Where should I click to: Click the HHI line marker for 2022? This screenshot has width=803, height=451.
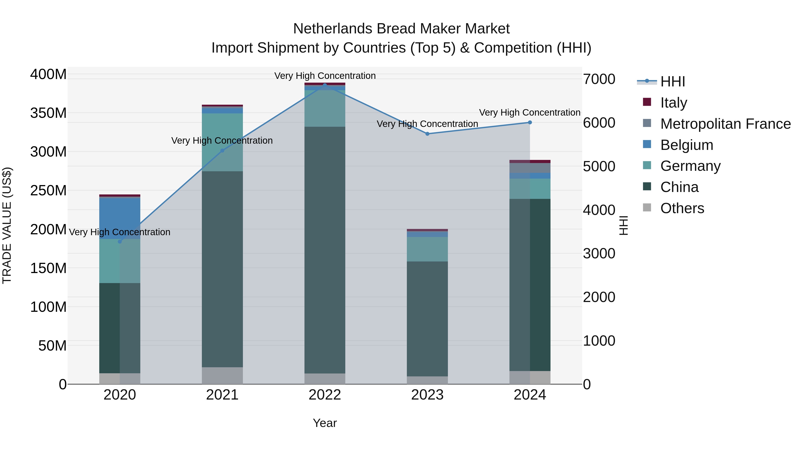coord(325,85)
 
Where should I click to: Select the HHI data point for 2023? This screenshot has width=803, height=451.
coord(427,134)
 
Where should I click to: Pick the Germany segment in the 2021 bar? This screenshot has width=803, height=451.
coord(222,142)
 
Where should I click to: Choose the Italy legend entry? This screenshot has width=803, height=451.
coord(673,103)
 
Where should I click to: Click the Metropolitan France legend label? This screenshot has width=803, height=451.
coord(725,124)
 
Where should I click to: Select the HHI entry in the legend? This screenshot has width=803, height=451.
coord(672,82)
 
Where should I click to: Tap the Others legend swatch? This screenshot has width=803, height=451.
coord(647,208)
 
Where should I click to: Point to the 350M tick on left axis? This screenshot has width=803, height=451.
coord(48,113)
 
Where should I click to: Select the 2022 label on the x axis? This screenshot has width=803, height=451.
coord(325,395)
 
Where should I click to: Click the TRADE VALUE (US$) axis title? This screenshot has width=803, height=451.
coord(7,225)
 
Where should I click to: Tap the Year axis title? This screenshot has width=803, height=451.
coord(325,423)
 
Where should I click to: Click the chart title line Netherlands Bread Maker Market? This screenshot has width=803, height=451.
coord(401,29)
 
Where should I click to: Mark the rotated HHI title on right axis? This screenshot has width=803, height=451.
coord(623,225)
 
